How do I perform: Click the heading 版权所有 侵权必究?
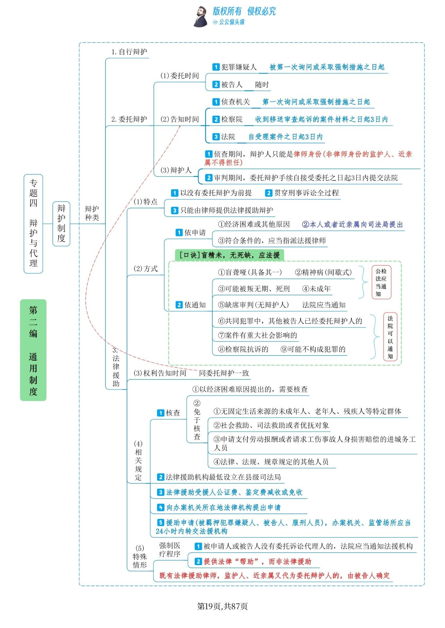tap(244, 11)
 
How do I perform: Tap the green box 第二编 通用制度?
tap(33, 350)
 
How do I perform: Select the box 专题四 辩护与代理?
tap(33, 224)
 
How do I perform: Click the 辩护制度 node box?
tap(61, 224)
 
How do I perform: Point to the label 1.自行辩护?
tap(129, 52)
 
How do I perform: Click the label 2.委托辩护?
tap(129, 119)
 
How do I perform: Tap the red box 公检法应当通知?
tap(381, 282)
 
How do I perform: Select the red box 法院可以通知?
tap(390, 337)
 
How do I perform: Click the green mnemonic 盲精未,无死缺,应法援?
tap(229, 255)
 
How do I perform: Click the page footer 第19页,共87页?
tap(222, 606)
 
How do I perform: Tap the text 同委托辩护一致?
tap(224, 373)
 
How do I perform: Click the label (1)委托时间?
tap(180, 76)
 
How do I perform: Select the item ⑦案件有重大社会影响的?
tap(258, 335)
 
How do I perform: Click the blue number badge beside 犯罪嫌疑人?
tap(216, 67)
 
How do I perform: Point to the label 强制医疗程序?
tap(170, 549)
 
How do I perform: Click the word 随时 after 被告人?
tap(262, 85)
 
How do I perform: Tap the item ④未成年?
tap(316, 289)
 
